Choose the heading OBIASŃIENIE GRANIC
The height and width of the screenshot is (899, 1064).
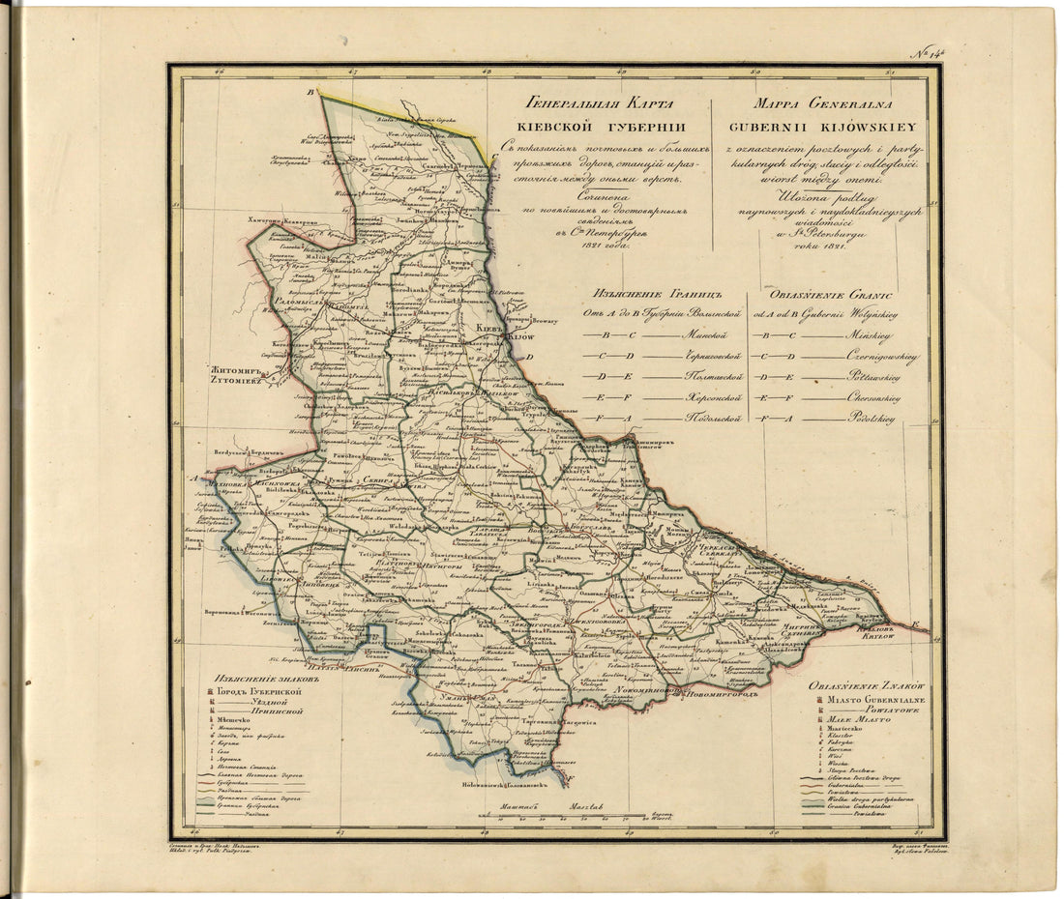(831, 292)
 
